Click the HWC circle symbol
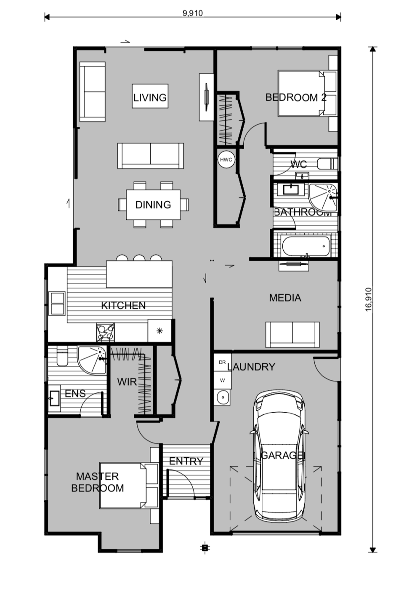pyautogui.click(x=226, y=160)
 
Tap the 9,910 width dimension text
pyautogui.click(x=193, y=13)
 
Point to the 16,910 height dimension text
pyautogui.click(x=369, y=299)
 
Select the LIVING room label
pyautogui.click(x=150, y=98)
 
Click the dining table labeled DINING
pyautogui.click(x=153, y=205)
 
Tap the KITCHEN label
pyautogui.click(x=123, y=305)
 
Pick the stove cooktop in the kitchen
pyautogui.click(x=105, y=332)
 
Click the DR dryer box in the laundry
pyautogui.click(x=223, y=362)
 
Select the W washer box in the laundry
pyautogui.click(x=223, y=380)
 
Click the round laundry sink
pyautogui.click(x=223, y=398)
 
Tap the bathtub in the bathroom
pyautogui.click(x=306, y=246)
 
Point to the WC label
pyautogui.click(x=299, y=164)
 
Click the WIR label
pyautogui.click(x=127, y=382)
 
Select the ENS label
pyautogui.click(x=75, y=393)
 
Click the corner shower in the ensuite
pyautogui.click(x=92, y=360)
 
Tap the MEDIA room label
pyautogui.click(x=285, y=298)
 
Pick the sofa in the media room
pyautogui.click(x=292, y=335)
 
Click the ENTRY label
pyautogui.click(x=186, y=461)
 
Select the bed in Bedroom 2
pyautogui.click(x=301, y=93)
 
